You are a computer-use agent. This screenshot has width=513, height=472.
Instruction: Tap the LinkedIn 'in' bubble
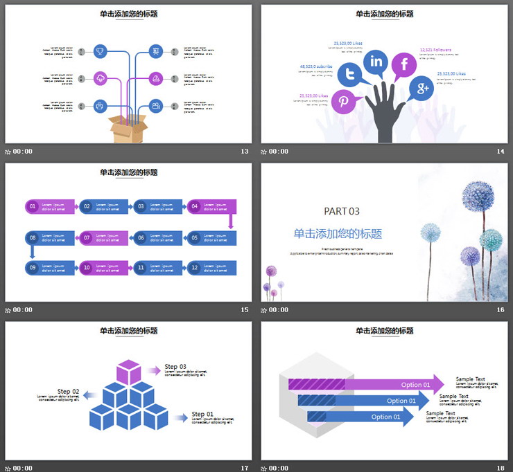tap(376, 62)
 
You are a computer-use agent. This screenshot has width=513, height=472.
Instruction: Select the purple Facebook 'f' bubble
tap(403, 65)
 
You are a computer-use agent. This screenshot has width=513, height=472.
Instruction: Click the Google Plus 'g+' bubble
tap(421, 88)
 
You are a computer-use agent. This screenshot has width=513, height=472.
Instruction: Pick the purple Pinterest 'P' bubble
tap(344, 102)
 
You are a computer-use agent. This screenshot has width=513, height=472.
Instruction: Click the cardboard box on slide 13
tap(128, 129)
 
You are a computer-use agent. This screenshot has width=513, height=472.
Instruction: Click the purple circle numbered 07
tap(87, 237)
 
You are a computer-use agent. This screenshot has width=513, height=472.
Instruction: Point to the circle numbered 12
tap(195, 267)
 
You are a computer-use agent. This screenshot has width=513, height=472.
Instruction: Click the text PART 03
tap(342, 211)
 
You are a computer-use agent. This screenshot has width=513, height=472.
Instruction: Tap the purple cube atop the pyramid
tap(128, 372)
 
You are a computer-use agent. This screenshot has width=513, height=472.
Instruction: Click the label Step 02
tap(68, 391)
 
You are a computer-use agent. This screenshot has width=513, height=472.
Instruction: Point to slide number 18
tap(500, 469)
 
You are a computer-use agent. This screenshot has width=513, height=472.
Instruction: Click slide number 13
tap(244, 152)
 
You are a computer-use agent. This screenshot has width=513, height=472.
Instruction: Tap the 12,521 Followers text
tap(435, 50)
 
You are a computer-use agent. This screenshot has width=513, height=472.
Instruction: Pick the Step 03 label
tap(175, 367)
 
